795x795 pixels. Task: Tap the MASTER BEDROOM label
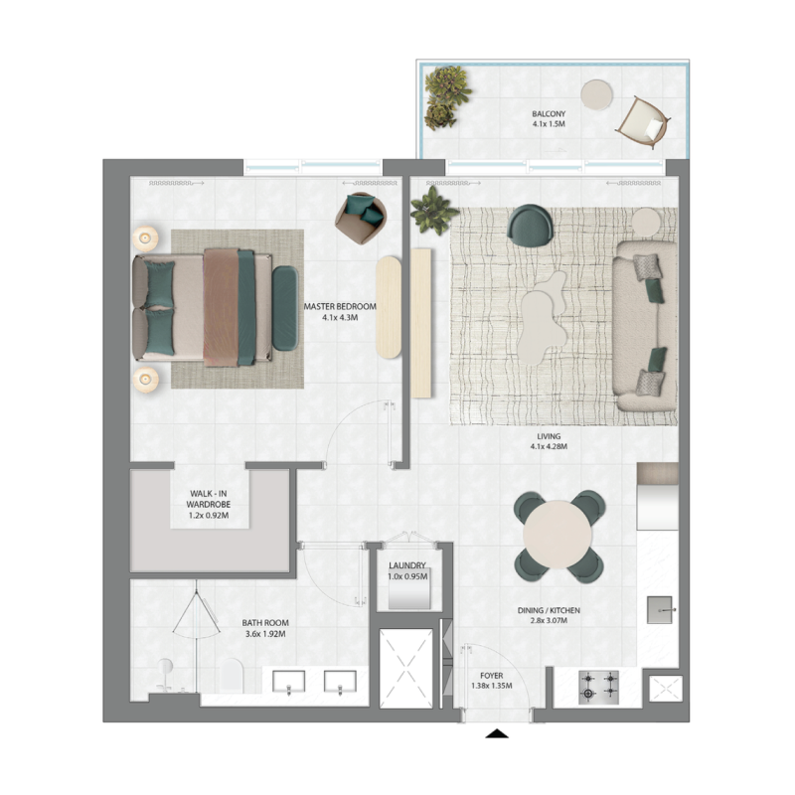pyautogui.click(x=340, y=306)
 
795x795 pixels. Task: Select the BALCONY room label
pyautogui.click(x=548, y=114)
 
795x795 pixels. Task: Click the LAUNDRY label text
pyautogui.click(x=407, y=565)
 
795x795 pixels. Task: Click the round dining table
pyautogui.click(x=557, y=536)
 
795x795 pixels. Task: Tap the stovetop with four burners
pyautogui.click(x=599, y=683)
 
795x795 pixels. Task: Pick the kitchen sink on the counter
pyautogui.click(x=661, y=608)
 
